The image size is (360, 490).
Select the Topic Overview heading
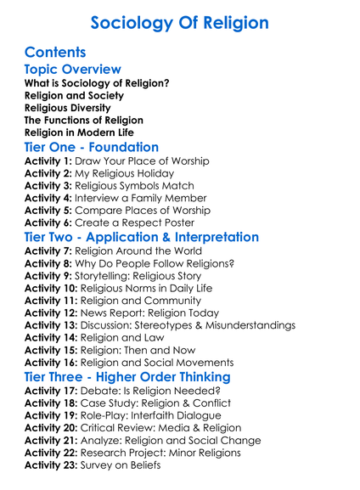pyautogui.click(x=73, y=69)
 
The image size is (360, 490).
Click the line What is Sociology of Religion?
pyautogui.click(x=97, y=83)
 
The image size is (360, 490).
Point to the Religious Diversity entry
pyautogui.click(x=68, y=108)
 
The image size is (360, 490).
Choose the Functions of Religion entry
pyautogui.click(x=84, y=121)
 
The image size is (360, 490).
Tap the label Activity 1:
pyautogui.click(x=48, y=161)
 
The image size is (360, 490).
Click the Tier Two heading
pyautogui.click(x=143, y=237)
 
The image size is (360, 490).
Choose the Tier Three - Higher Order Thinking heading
pyautogui.click(x=127, y=376)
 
